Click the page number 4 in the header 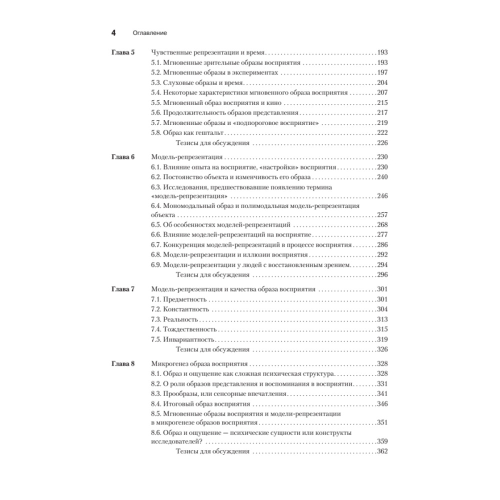coord(113,33)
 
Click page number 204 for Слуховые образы coord(383,82)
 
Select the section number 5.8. coord(156,132)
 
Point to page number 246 coord(383,196)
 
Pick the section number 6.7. coord(156,245)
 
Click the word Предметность coord(185,299)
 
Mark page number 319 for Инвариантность coord(383,339)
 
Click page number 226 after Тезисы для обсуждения coord(383,143)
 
